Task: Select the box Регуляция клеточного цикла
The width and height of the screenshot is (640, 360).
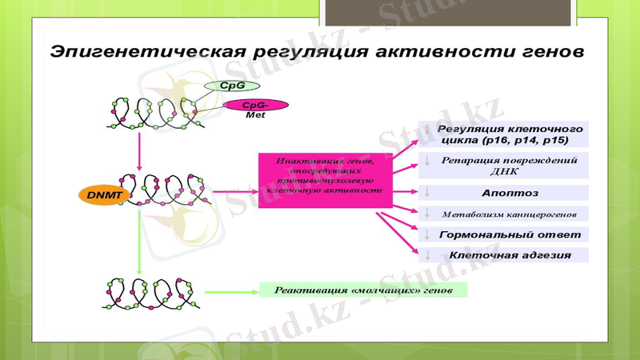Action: pos(504,134)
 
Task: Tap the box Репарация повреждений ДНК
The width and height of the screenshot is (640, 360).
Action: pos(504,165)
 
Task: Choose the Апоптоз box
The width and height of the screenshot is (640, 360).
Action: pos(504,193)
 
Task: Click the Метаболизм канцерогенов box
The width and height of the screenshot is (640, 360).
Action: pos(504,214)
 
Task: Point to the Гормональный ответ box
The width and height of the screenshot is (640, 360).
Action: pos(504,234)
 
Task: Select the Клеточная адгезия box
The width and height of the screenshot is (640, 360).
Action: pos(504,255)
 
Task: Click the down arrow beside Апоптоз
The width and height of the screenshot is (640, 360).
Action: pos(428,193)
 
